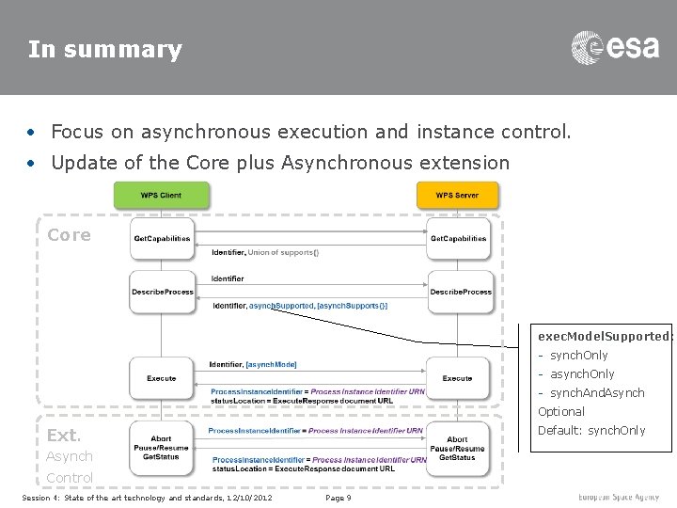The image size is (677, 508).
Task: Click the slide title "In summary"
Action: [x=104, y=49]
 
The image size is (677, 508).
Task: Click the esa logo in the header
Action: [x=616, y=48]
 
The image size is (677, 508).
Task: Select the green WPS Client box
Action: [x=161, y=196]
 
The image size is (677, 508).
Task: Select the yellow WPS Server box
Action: [x=458, y=196]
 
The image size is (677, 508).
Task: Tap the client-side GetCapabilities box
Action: [x=161, y=239]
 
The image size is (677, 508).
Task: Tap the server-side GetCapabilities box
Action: [x=458, y=239]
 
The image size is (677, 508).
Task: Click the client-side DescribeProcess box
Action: [x=161, y=292]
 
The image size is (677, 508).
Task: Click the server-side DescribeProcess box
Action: [x=460, y=292]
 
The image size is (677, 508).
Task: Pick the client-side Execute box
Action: [x=161, y=378]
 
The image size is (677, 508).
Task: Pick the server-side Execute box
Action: [x=458, y=378]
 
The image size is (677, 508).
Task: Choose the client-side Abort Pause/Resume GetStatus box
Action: [x=161, y=448]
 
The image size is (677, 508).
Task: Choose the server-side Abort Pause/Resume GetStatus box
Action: [x=458, y=448]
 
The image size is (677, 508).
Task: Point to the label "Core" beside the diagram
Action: [x=70, y=235]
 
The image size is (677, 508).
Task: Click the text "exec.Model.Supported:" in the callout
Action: [x=604, y=335]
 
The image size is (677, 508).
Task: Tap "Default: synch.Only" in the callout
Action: [x=591, y=430]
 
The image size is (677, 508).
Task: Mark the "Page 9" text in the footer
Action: [x=338, y=498]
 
